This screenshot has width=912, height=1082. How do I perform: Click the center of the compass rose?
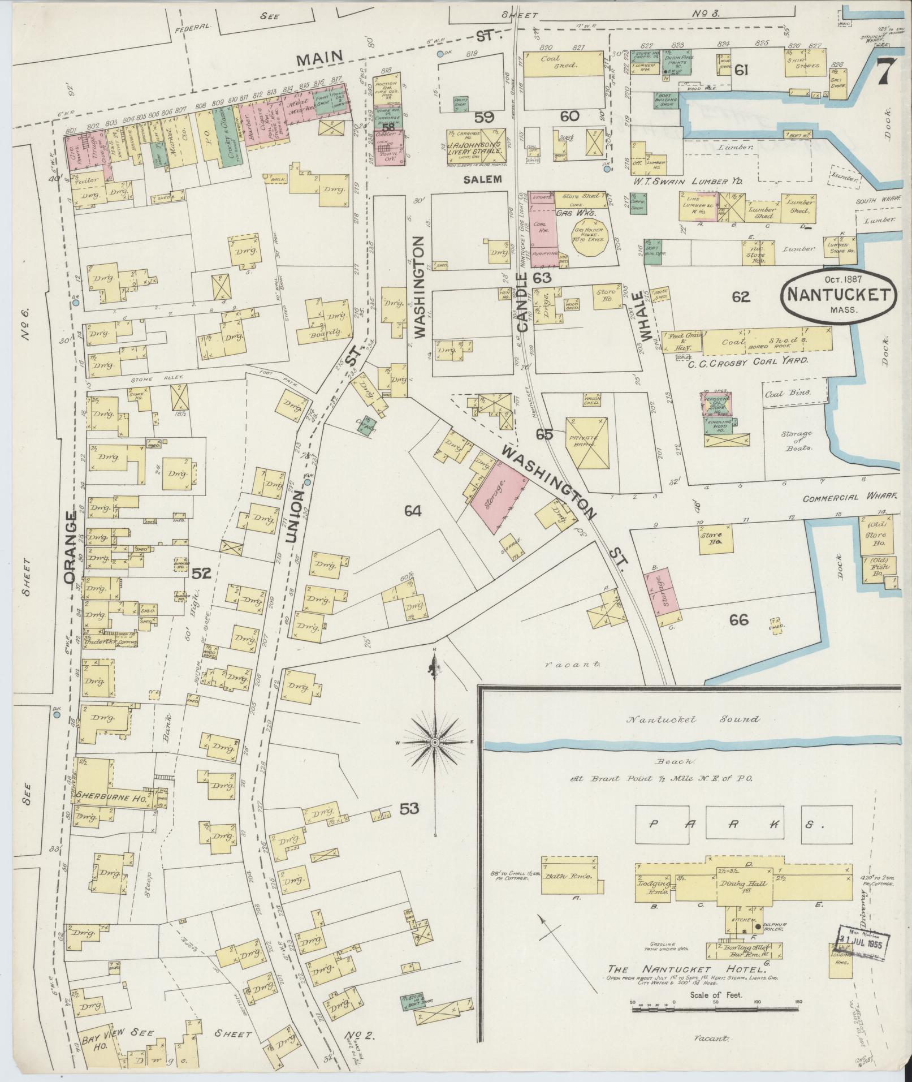(x=435, y=742)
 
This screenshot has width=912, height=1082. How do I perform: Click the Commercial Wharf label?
(x=851, y=497)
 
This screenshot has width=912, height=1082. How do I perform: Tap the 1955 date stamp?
(x=859, y=943)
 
